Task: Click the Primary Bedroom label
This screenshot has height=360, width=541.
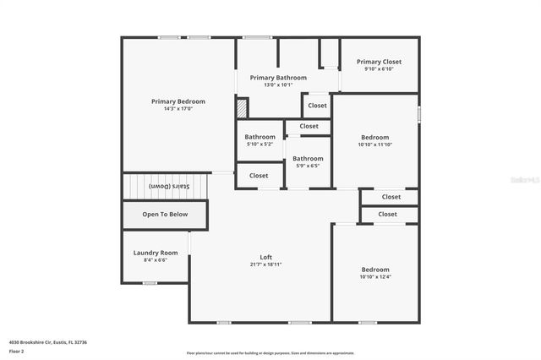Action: point(178,101)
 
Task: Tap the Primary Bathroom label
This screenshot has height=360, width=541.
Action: point(278,77)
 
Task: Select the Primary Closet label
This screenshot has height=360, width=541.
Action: point(379,62)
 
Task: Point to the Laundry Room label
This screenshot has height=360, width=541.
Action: point(156,253)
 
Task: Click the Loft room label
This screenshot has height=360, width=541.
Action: point(265,257)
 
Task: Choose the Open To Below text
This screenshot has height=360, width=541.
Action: point(165,215)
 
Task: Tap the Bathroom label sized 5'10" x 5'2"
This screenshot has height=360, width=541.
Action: point(260,137)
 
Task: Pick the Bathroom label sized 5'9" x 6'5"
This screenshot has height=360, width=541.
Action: point(308,158)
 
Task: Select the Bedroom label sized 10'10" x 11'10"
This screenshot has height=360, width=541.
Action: point(375,137)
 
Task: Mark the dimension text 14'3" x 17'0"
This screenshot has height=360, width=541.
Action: point(178,109)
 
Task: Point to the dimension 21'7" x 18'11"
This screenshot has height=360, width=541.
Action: point(265,265)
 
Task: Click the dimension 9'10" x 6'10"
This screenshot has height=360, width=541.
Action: point(379,69)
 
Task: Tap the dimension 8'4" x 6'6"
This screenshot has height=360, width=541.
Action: point(156,260)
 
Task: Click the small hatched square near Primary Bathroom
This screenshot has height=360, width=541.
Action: point(242,107)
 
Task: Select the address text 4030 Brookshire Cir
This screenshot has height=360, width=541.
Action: point(48,342)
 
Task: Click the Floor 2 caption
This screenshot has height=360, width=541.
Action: point(17,351)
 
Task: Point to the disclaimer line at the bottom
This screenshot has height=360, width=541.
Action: point(270,352)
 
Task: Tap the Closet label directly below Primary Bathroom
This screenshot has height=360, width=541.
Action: point(317,106)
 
